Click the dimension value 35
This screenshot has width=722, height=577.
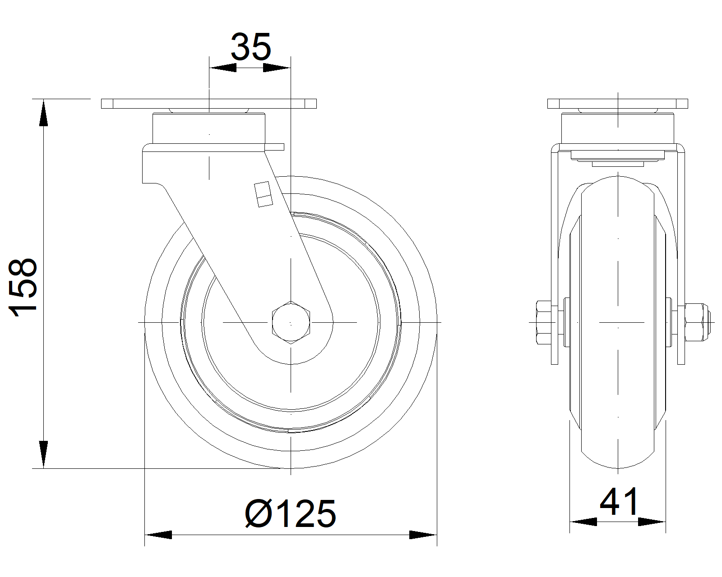(x=250, y=47)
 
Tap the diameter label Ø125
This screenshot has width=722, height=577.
(x=291, y=514)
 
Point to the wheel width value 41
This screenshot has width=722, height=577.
(x=619, y=502)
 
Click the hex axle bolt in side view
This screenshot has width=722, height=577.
(x=291, y=322)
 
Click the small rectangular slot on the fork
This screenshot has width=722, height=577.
(x=264, y=194)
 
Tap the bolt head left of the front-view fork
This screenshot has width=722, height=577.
(x=544, y=322)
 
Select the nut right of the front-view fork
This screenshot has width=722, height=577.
(x=696, y=322)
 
